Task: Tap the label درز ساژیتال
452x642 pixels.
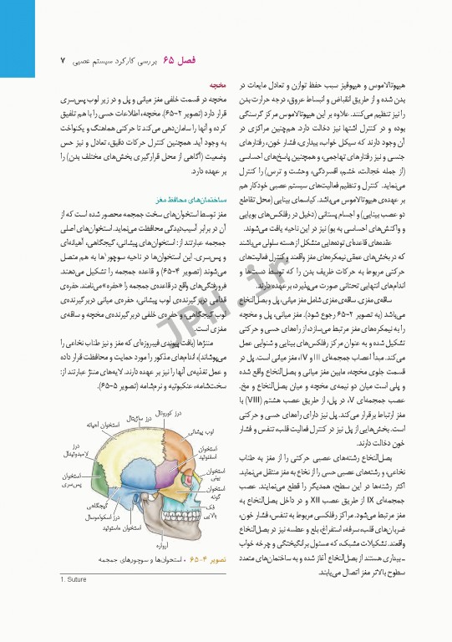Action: (x=138, y=416)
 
